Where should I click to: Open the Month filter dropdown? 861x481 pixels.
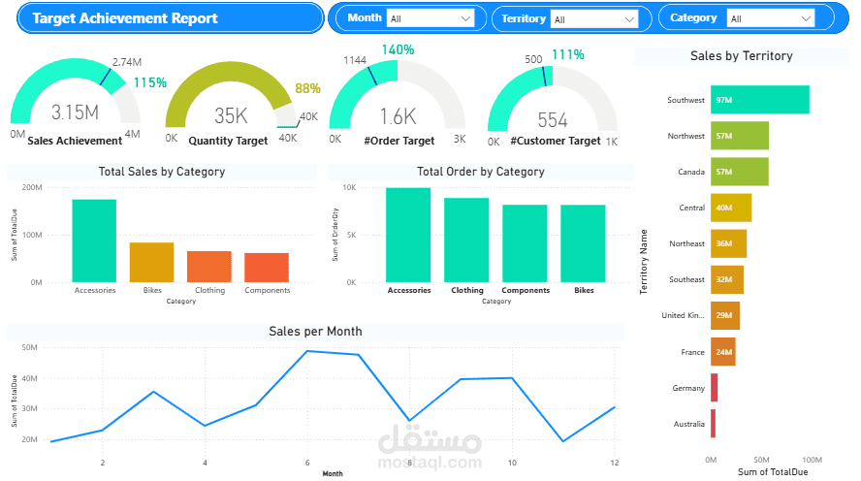[430, 18]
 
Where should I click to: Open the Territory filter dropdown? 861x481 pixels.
[594, 18]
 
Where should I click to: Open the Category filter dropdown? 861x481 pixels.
[771, 18]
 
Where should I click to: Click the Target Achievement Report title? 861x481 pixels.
[125, 18]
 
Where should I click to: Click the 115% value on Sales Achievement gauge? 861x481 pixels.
[149, 83]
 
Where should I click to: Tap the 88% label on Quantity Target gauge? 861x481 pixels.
[307, 88]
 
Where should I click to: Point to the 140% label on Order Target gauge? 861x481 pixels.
[398, 49]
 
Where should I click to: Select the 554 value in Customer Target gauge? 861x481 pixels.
[552, 119]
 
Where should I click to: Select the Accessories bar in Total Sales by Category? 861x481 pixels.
[94, 240]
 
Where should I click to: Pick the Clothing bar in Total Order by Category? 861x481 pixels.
[466, 240]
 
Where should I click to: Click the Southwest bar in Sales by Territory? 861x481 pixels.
[759, 100]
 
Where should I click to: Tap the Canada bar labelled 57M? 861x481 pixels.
[739, 172]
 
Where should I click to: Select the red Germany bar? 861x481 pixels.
[714, 388]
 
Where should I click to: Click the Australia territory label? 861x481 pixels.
[688, 424]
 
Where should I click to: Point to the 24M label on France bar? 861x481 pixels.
[722, 352]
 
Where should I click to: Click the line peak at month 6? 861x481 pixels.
[307, 351]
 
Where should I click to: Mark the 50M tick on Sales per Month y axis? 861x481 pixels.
[29, 347]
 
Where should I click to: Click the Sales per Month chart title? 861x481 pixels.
[315, 332]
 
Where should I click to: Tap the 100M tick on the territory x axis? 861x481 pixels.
[812, 459]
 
